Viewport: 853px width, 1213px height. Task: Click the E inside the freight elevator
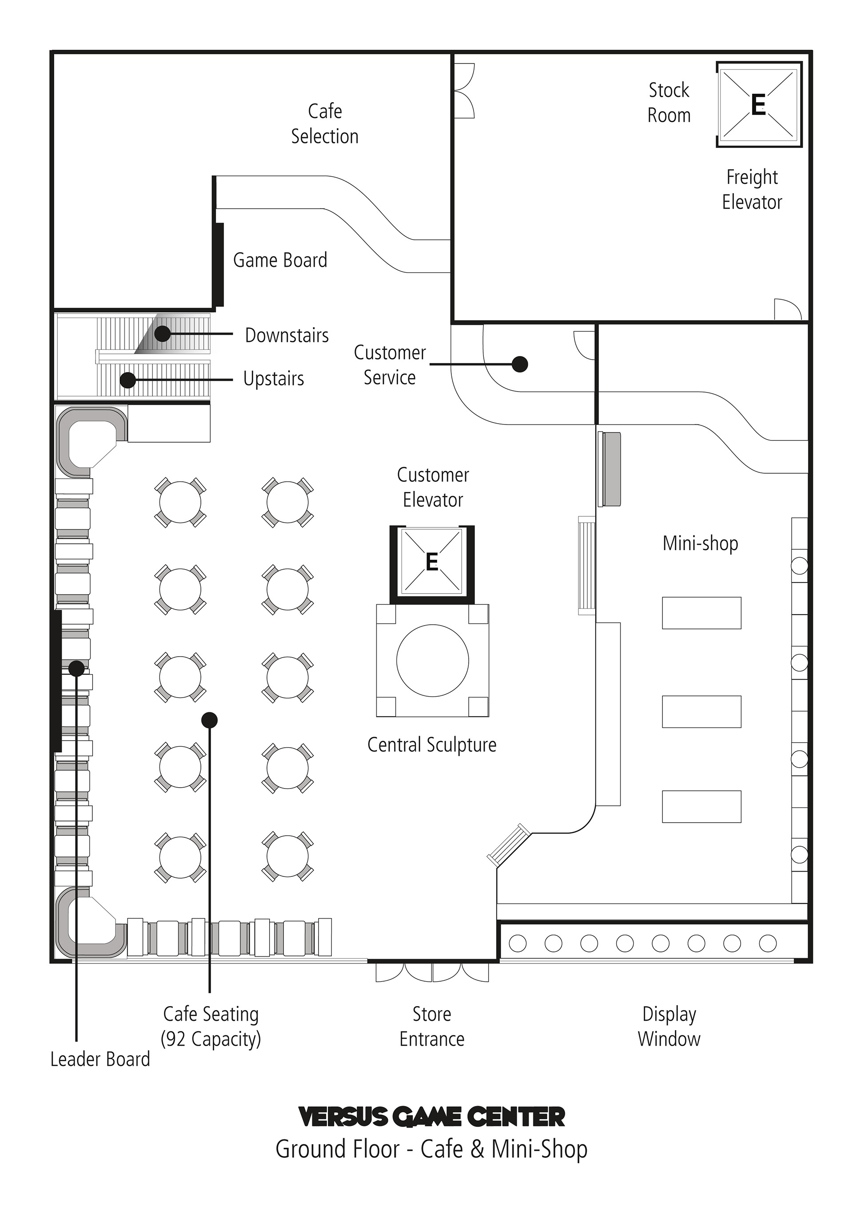[758, 105]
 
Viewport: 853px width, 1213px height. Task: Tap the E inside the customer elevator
[432, 562]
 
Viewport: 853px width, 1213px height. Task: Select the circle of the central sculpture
[432, 660]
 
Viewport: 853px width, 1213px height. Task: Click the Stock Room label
[669, 103]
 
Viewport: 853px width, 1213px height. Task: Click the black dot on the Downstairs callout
[162, 333]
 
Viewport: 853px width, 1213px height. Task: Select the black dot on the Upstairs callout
[128, 380]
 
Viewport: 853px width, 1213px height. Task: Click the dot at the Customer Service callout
[520, 364]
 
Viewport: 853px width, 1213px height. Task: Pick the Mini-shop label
[700, 543]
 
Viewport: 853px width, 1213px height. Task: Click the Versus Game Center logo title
[432, 1116]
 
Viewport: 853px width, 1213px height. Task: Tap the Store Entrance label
[432, 1026]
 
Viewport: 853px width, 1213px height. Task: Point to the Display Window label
[669, 1026]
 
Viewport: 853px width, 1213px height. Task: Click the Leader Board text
[100, 1059]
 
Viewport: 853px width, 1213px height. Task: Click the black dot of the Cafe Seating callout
[210, 720]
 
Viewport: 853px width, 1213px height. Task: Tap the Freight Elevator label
[752, 189]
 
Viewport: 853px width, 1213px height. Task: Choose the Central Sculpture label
[432, 745]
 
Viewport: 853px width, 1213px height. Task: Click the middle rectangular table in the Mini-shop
[702, 712]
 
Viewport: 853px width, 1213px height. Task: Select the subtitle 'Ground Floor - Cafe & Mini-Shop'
[431, 1150]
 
